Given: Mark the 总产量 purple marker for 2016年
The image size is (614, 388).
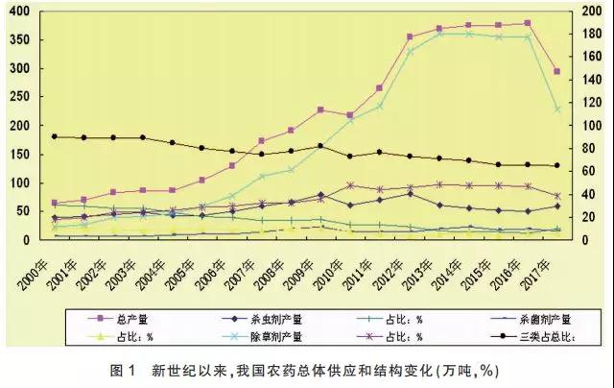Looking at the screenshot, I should pyautogui.click(x=528, y=23).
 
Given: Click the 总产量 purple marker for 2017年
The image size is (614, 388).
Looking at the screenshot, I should pyautogui.click(x=557, y=72).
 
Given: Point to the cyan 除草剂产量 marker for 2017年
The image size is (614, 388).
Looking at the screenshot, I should pyautogui.click(x=557, y=109).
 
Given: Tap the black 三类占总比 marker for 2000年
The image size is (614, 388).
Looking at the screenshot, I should pyautogui.click(x=56, y=136).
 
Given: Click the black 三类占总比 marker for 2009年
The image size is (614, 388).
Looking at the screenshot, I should pyautogui.click(x=320, y=146).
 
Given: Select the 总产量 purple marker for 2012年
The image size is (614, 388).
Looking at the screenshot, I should pyautogui.click(x=410, y=36).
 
